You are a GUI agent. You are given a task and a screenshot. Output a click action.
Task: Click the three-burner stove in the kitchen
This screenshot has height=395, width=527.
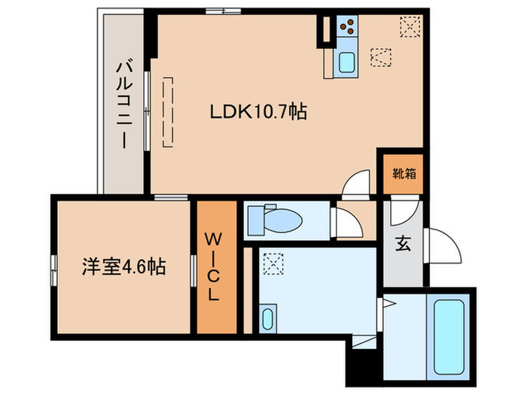click(x=348, y=28)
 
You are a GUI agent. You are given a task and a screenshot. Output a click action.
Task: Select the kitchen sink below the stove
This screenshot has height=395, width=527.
click(x=347, y=62)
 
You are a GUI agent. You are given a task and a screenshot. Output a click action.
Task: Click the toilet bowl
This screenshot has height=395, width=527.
click(x=279, y=220)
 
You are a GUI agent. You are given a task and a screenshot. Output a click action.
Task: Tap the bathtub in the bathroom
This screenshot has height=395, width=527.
click(x=450, y=328)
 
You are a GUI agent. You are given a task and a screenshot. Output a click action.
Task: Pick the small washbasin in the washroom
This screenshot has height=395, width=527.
click(x=267, y=318)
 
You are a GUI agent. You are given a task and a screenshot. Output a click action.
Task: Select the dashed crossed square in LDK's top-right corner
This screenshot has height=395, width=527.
click(x=410, y=27)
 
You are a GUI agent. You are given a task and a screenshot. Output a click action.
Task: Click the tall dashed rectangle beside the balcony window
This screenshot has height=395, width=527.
click(x=169, y=110)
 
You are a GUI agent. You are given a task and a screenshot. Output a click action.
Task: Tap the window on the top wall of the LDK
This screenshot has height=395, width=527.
click(x=224, y=11)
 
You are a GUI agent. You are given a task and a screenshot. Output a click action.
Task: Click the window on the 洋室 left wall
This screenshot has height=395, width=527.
click(x=53, y=267)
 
